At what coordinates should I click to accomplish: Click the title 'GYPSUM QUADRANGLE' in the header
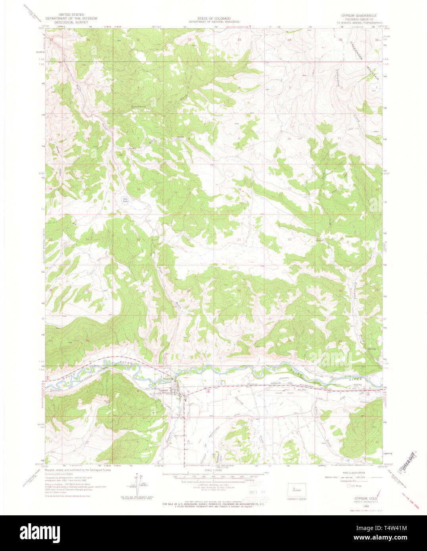click(x=358, y=15)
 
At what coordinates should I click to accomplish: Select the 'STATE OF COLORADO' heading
click(x=214, y=19)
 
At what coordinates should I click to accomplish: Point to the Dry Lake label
click(x=125, y=201)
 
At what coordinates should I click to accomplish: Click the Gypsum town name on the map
click(x=163, y=390)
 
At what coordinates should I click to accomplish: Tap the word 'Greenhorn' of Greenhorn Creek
click(x=139, y=107)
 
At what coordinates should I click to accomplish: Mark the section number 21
click(x=239, y=240)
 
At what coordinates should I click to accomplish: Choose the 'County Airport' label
click(x=284, y=393)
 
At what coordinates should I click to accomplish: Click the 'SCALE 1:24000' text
click(x=213, y=470)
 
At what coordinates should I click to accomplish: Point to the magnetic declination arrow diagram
click(x=137, y=481)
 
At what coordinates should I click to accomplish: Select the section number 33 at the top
click(x=239, y=40)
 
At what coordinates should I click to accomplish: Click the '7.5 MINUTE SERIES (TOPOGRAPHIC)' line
click(x=358, y=22)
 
